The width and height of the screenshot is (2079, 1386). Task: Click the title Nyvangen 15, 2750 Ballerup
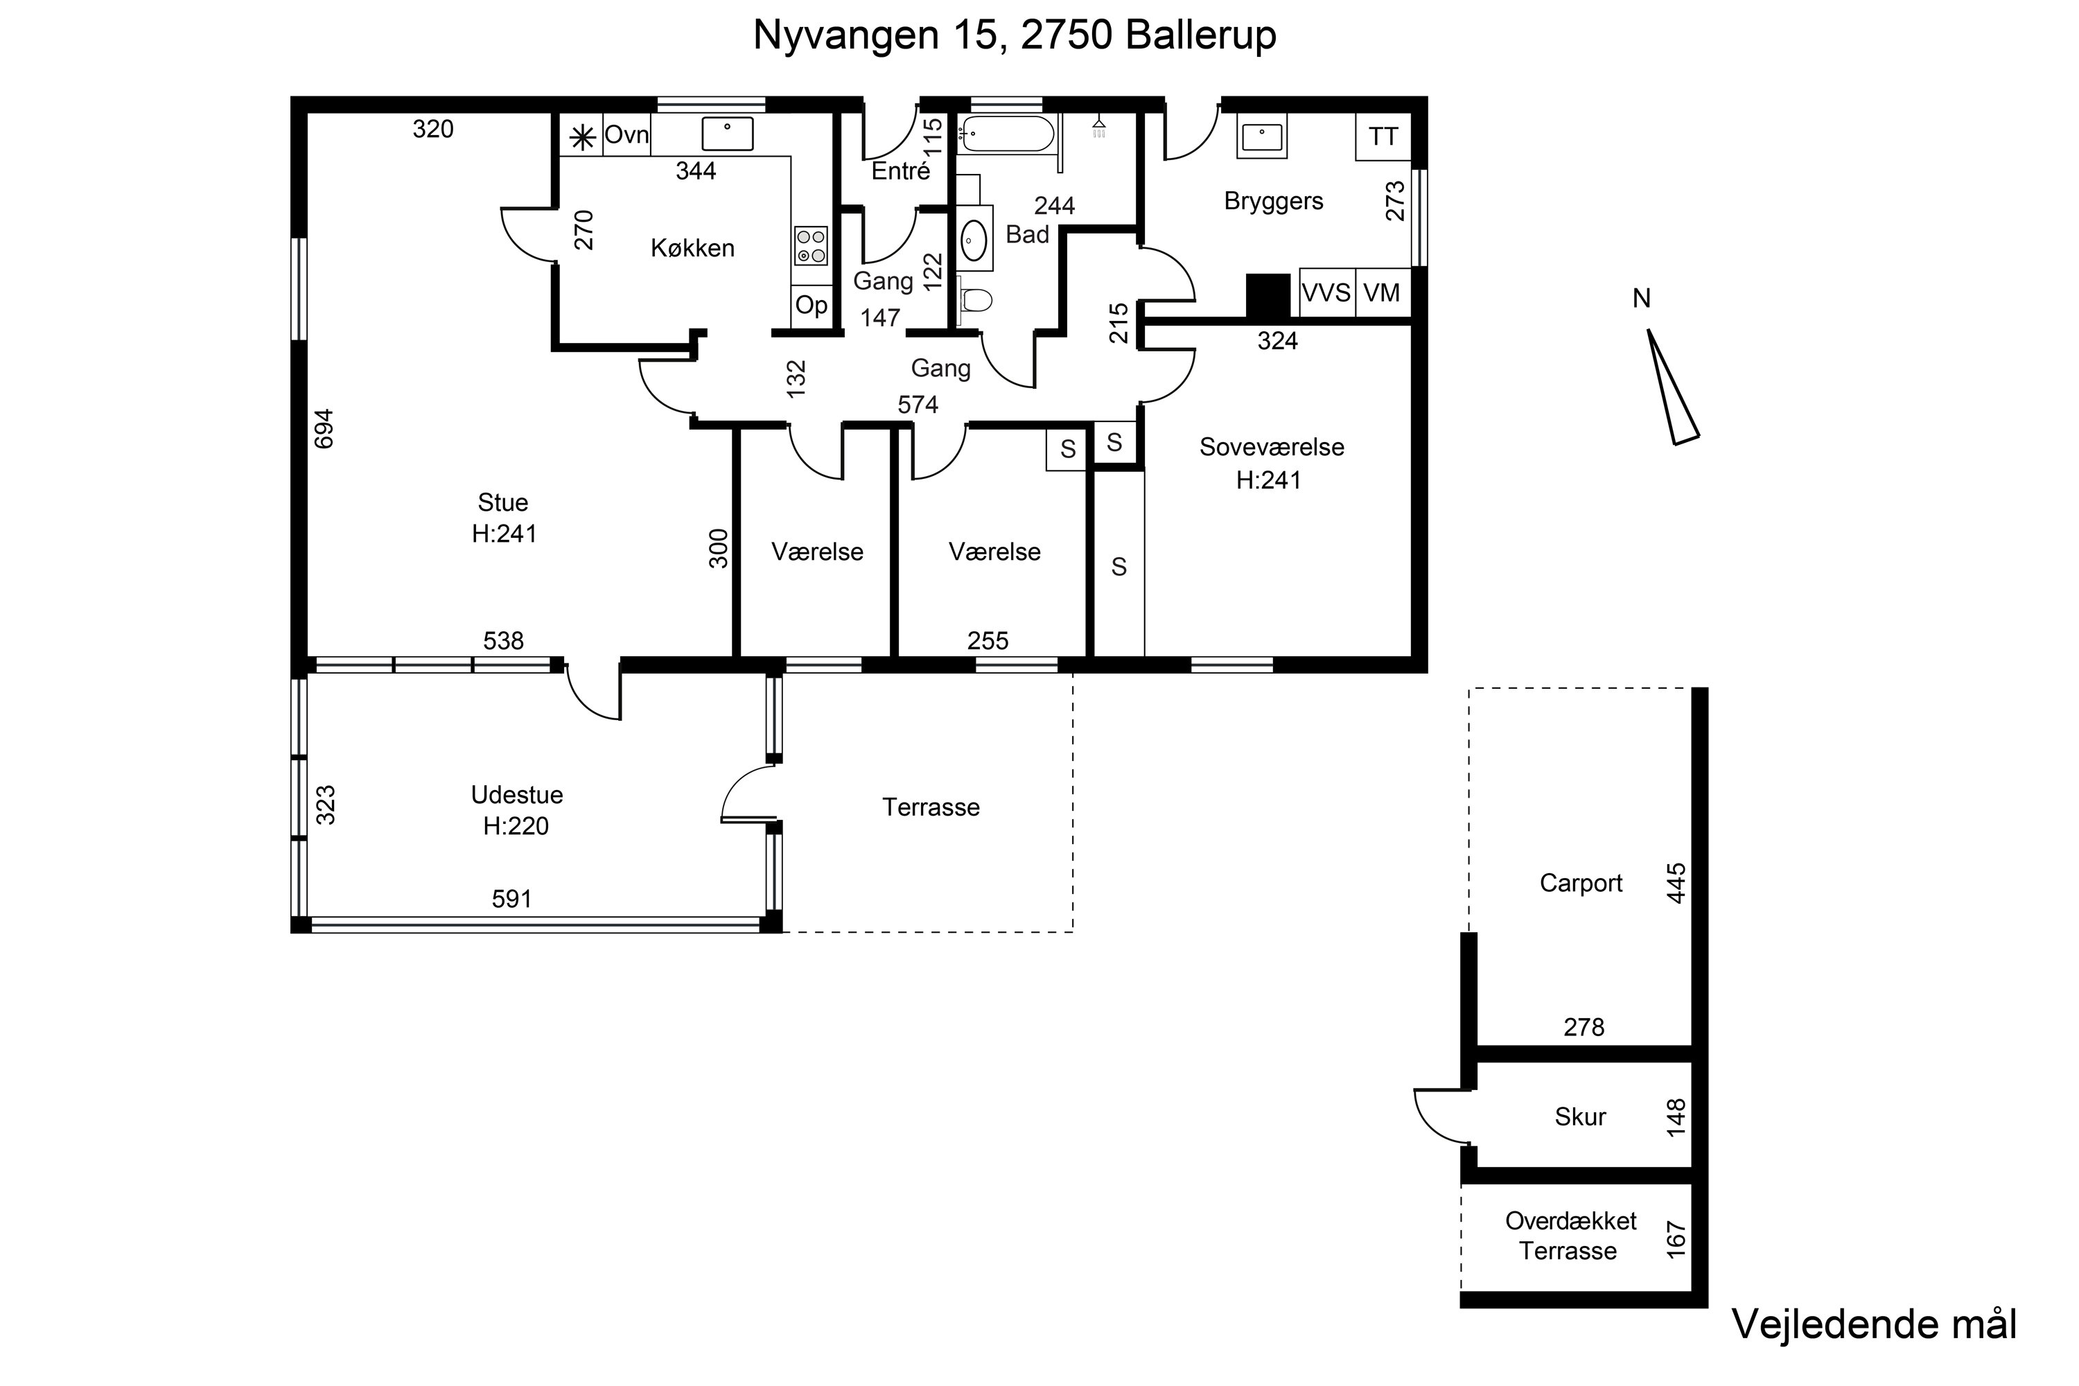(1014, 35)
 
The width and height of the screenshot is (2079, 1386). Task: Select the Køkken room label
(692, 248)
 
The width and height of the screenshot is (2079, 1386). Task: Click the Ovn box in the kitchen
(626, 135)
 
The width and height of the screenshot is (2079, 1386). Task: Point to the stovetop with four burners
(811, 246)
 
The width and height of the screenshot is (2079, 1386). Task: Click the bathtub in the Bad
(1006, 134)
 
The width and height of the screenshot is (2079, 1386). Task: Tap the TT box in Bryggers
(1383, 137)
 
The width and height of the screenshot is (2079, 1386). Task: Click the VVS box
(1326, 292)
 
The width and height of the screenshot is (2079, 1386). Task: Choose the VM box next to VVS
(1382, 292)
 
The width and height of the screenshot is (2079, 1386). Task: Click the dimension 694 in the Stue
(324, 429)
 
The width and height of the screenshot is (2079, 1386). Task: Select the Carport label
(1581, 883)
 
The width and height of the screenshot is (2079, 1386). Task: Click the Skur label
(1579, 1116)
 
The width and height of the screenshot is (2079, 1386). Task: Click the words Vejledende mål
(1873, 1324)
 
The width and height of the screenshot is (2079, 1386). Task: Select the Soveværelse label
(1271, 447)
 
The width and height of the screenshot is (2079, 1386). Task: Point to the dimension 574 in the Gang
(918, 405)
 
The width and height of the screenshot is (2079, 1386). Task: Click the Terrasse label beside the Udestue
(931, 807)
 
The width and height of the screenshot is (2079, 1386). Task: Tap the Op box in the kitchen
(811, 306)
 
